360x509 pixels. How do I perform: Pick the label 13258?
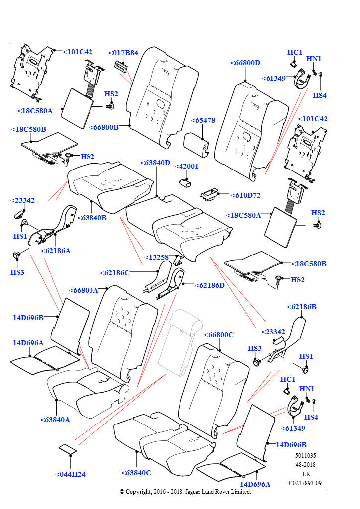click(x=156, y=257)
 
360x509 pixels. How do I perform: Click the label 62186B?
click(x=302, y=307)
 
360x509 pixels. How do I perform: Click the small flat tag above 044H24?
click(x=67, y=449)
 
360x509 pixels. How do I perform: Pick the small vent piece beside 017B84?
click(x=121, y=65)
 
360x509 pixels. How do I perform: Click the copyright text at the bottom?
click(x=185, y=492)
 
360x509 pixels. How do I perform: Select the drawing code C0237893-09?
click(x=305, y=483)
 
